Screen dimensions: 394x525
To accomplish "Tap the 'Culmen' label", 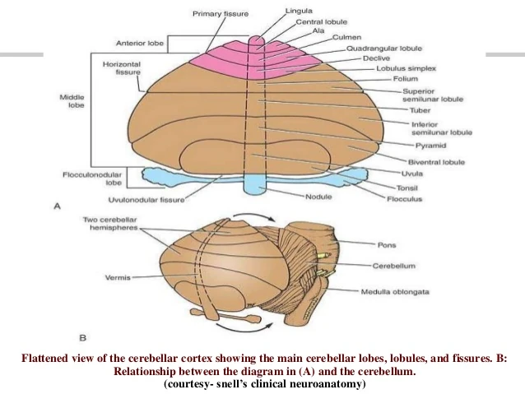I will [346, 36].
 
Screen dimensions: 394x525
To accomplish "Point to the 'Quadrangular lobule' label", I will [384, 48].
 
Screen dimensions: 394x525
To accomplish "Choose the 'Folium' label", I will [393, 79].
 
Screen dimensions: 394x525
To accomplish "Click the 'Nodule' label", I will [318, 197].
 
